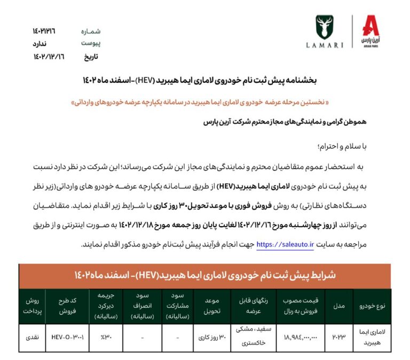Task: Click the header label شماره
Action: (x=90, y=31)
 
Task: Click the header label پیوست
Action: (x=90, y=43)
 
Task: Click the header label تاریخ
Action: (x=89, y=56)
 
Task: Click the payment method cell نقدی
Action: (x=31, y=338)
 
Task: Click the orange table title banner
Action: (x=205, y=275)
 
